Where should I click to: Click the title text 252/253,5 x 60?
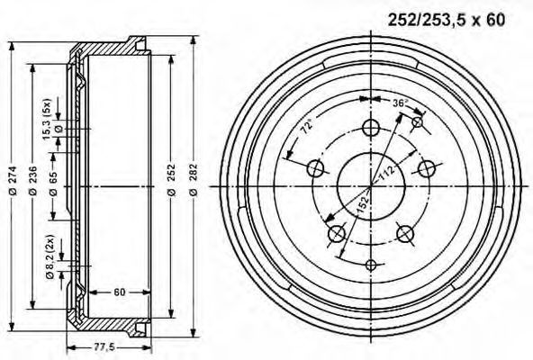pos(447,20)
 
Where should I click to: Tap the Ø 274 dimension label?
pos(13,180)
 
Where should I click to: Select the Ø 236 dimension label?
pos(33,180)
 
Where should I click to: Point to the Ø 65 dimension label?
pos(53,184)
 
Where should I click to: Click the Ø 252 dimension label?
pos(172,180)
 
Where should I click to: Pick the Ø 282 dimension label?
pos(194,180)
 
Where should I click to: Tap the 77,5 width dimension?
pos(104,347)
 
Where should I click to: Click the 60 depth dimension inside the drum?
pos(120,292)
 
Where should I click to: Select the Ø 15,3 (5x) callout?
pos(51,119)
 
